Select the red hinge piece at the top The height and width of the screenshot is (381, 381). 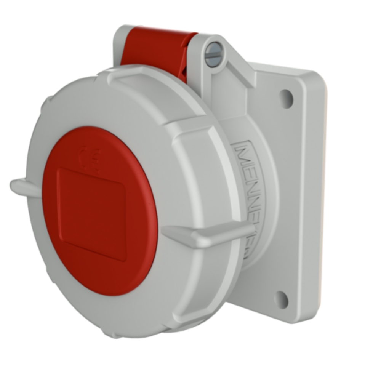click(x=156, y=50)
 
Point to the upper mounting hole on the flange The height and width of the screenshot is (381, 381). click(x=286, y=98)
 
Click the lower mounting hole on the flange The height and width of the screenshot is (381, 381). click(x=281, y=299)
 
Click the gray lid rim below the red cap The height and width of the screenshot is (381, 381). click(x=114, y=312)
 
